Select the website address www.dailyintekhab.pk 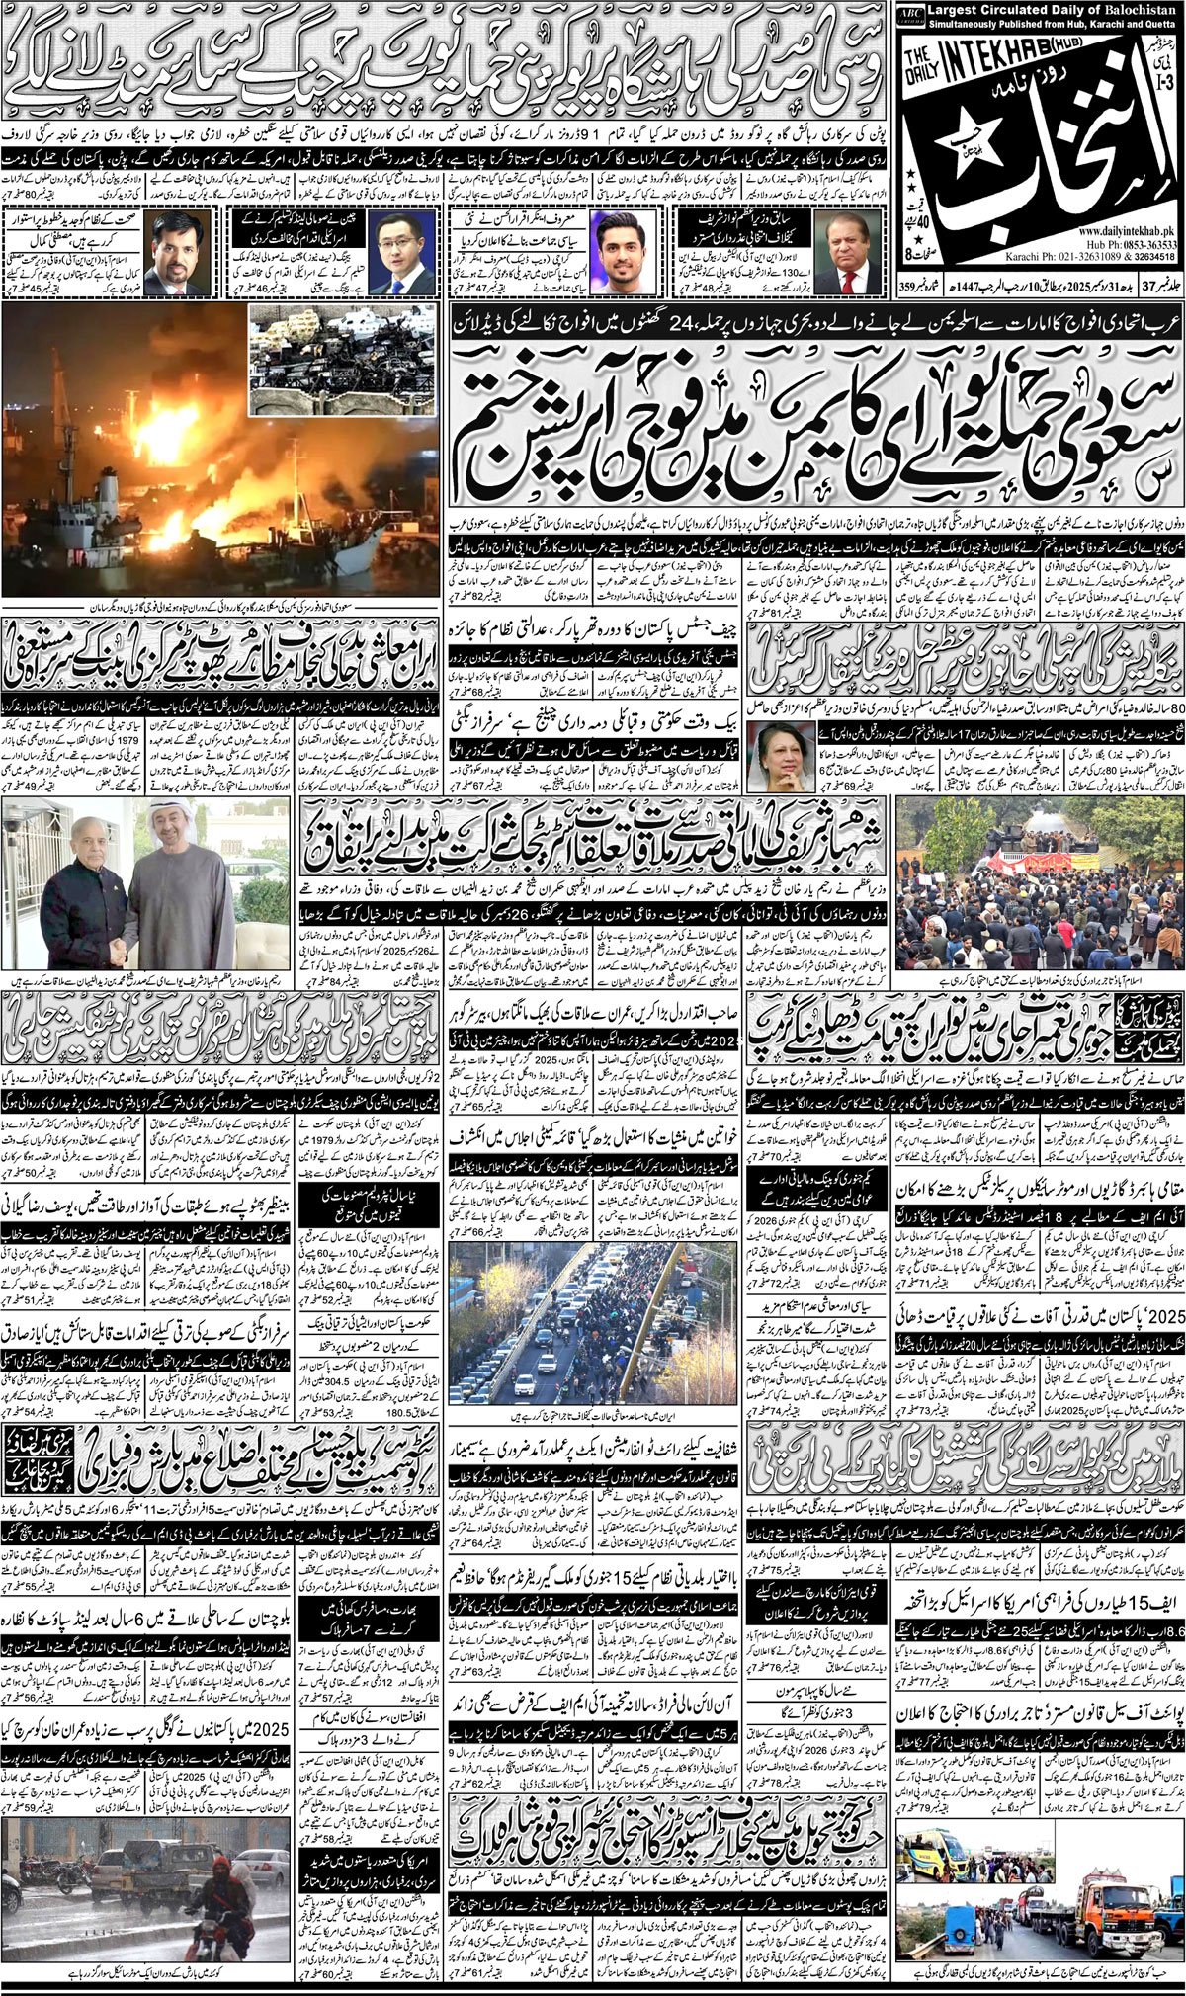point(1115,230)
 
